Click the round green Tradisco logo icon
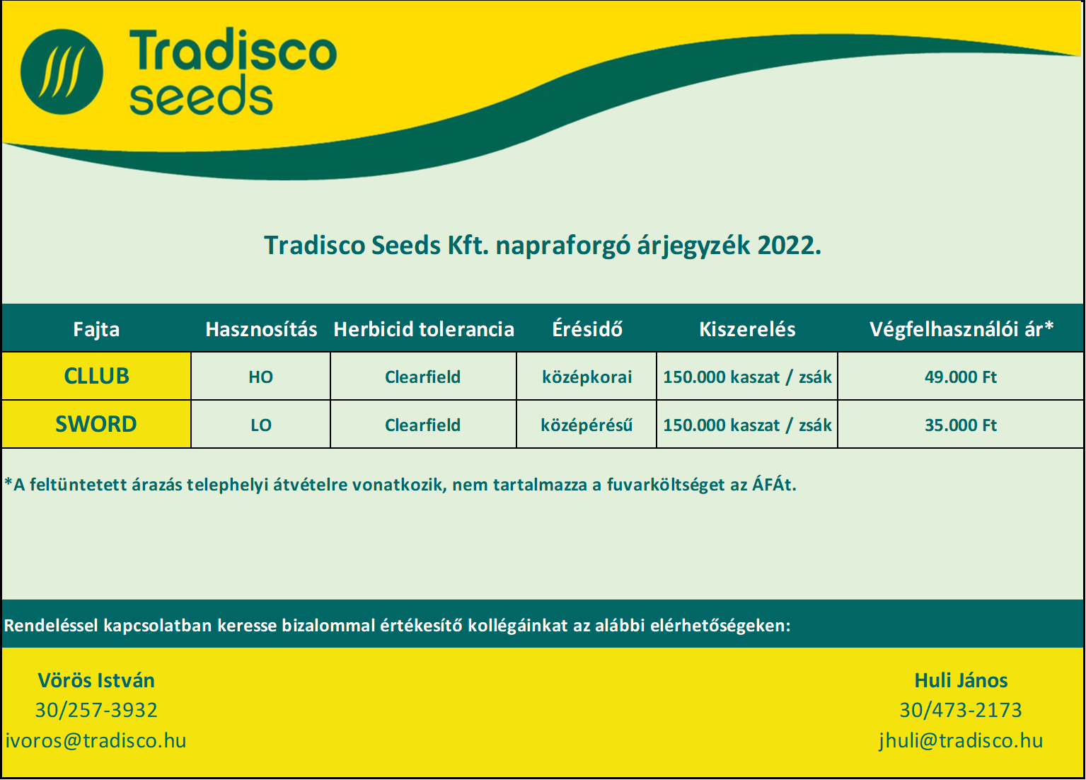click(x=62, y=71)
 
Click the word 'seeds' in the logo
click(x=201, y=95)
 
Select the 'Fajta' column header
click(x=96, y=329)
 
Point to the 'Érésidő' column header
click(x=587, y=328)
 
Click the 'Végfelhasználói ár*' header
click(x=961, y=329)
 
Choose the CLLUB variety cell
click(x=96, y=376)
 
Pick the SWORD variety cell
click(x=96, y=424)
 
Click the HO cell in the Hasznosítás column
click(x=261, y=377)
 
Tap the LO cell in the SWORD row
click(x=261, y=425)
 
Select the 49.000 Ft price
click(x=961, y=377)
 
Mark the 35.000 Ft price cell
click(x=961, y=425)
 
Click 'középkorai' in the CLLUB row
click(x=587, y=377)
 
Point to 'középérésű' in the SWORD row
click(x=587, y=425)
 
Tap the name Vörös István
click(x=96, y=681)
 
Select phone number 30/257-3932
click(x=96, y=710)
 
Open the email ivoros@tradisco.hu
click(x=96, y=740)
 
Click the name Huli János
click(x=961, y=681)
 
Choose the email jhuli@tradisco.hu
click(x=961, y=740)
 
